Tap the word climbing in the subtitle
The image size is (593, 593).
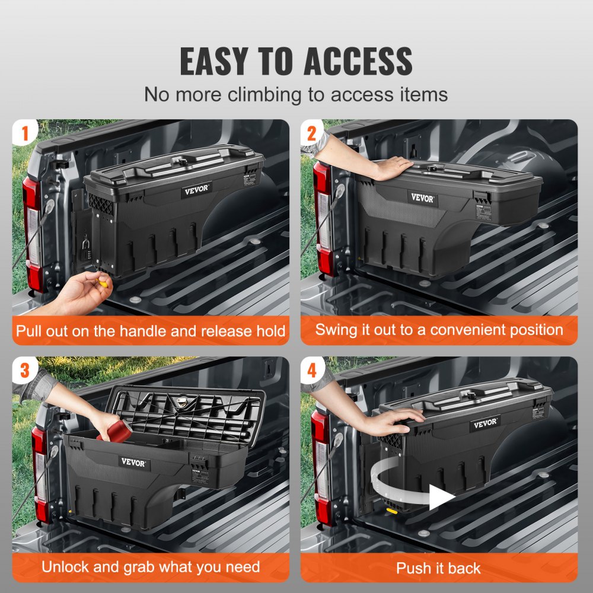[x=260, y=94]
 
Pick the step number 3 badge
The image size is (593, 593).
[x=24, y=370]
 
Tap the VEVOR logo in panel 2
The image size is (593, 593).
[x=422, y=198]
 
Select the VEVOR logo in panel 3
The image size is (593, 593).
[x=133, y=462]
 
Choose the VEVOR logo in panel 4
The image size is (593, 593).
[x=485, y=425]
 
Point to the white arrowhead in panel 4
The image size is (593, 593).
[x=441, y=497]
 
